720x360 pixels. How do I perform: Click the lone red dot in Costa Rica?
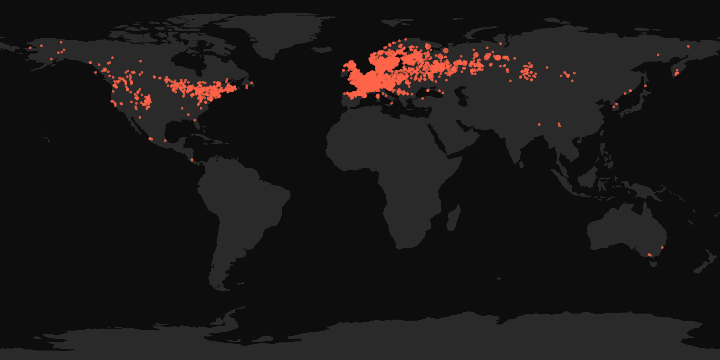click(192, 160)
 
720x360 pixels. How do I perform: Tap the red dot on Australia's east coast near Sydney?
click(662, 247)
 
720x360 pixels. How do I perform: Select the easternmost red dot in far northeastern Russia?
click(688, 46)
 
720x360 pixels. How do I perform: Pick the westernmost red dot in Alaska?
click(30, 48)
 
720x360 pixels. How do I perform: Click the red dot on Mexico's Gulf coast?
click(165, 141)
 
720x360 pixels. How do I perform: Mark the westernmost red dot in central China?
click(539, 124)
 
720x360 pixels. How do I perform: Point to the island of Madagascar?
click(454, 218)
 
